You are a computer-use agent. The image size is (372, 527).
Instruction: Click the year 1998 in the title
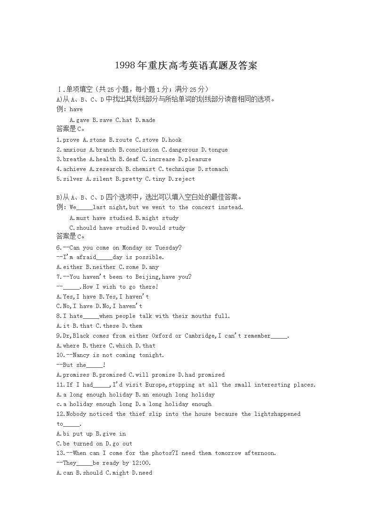click(125, 65)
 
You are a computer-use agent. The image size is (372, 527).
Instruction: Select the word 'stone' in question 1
click(97, 140)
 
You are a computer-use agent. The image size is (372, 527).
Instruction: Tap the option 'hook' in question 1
click(175, 140)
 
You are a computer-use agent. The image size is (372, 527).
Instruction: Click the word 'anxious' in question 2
click(74, 150)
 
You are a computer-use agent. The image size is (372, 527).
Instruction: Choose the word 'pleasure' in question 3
click(198, 159)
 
